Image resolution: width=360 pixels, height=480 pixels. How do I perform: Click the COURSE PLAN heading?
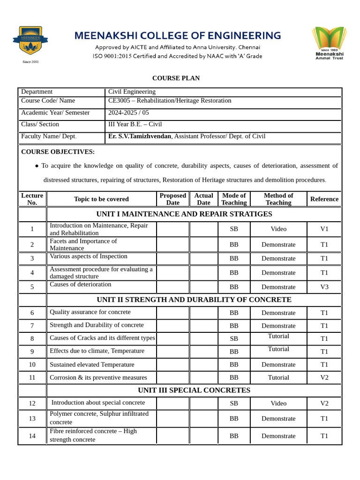pos(176,78)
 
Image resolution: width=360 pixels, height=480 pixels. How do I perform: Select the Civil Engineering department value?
pos(132,92)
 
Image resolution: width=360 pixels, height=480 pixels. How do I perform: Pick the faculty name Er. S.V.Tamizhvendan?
pos(140,136)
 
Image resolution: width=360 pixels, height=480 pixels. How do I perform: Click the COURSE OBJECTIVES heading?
pos(58,152)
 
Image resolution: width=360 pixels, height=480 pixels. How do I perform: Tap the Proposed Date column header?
pos(172,199)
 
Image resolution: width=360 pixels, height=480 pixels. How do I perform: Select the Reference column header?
pos(324,199)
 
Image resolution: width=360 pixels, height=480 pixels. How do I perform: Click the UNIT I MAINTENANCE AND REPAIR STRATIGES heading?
pos(184,214)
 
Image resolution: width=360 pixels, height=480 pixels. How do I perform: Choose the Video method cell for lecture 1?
pos(278,229)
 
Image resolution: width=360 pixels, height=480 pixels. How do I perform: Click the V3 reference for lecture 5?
pos(324,287)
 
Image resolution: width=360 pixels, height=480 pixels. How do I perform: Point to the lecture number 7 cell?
pos(32,326)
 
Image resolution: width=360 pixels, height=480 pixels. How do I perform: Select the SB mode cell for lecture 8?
pos(234,338)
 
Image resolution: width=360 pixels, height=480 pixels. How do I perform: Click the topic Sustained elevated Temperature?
pos(92,365)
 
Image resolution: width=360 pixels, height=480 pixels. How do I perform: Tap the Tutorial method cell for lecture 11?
pos(278,377)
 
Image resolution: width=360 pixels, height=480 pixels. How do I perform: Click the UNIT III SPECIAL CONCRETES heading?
pos(194,390)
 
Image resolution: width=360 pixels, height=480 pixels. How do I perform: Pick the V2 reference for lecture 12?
pos(324,403)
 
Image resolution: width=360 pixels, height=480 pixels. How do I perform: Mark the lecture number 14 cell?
pos(32,436)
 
